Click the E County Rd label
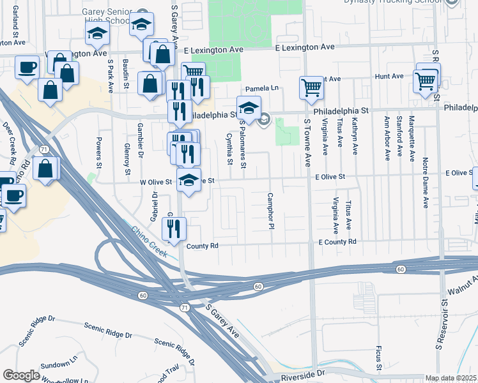(337, 242)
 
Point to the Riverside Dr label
(303, 372)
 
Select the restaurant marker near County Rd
(174, 228)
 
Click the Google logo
(21, 375)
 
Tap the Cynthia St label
(229, 147)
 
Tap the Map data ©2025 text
(451, 378)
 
